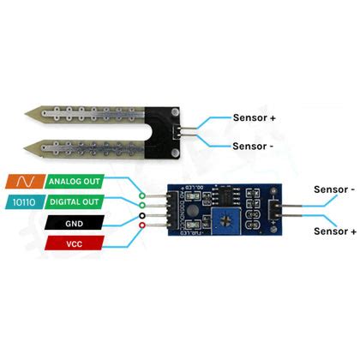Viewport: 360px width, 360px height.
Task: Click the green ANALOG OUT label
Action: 75,182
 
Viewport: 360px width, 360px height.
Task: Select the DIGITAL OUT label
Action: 75,201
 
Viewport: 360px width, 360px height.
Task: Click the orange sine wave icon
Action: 21,182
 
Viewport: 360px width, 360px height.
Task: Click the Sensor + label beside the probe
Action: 255,117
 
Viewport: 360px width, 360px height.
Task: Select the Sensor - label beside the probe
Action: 254,145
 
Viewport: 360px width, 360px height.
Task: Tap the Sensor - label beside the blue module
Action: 334,189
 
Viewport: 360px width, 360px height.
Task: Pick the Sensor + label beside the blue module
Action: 334,231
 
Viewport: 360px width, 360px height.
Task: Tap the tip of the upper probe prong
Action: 32,111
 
